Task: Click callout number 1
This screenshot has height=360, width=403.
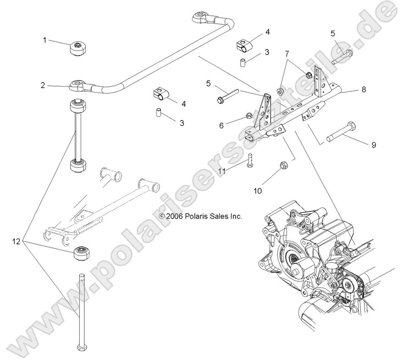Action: (45, 40)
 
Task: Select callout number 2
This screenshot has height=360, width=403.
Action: (43, 85)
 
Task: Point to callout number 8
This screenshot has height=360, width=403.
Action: (364, 90)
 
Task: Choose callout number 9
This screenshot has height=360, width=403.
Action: (374, 145)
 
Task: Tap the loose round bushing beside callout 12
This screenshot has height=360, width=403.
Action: (82, 252)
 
